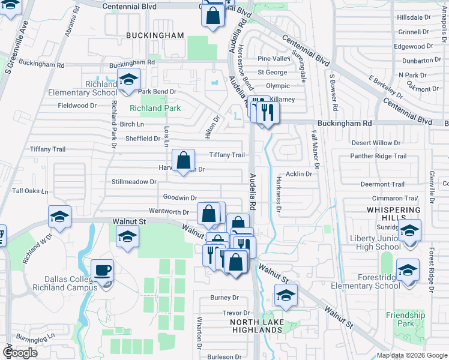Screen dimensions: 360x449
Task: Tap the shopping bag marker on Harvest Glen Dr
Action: [x=184, y=161]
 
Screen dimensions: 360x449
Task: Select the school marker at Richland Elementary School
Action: [x=128, y=80]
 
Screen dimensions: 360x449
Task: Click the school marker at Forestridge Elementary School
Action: [x=408, y=271]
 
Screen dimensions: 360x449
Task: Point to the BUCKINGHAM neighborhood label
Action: [x=155, y=35]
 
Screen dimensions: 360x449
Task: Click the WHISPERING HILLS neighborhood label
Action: [x=393, y=214]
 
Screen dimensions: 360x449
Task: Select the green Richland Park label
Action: [x=155, y=108]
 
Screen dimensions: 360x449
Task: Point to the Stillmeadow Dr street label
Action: [x=134, y=181]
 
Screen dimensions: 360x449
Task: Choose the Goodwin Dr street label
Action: [x=180, y=197]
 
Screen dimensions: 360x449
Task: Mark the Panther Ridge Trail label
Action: [x=378, y=156]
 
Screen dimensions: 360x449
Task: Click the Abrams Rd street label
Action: [x=70, y=25]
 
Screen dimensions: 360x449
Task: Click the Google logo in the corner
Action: [x=20, y=353]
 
